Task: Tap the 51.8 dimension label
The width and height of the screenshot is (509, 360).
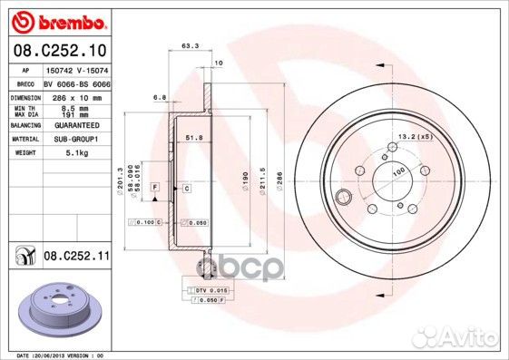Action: tap(191, 136)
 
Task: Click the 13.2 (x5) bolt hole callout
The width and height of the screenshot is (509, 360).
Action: tap(414, 137)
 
